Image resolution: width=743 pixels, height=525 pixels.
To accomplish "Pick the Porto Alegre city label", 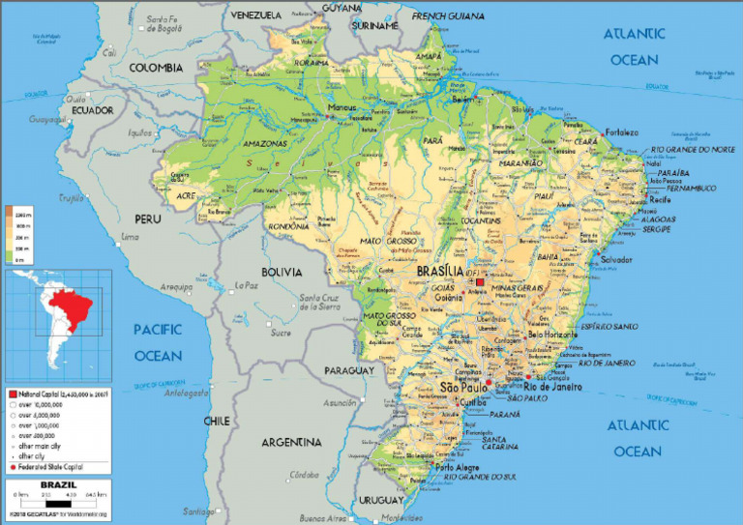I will (x=458, y=468).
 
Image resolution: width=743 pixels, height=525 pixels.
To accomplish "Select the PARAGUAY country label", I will (x=348, y=370).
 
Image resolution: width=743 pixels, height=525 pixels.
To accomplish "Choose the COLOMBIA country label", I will (x=157, y=68).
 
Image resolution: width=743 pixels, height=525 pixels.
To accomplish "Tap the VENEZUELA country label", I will (x=255, y=15).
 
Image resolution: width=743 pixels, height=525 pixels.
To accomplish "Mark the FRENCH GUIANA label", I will (x=447, y=16).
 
